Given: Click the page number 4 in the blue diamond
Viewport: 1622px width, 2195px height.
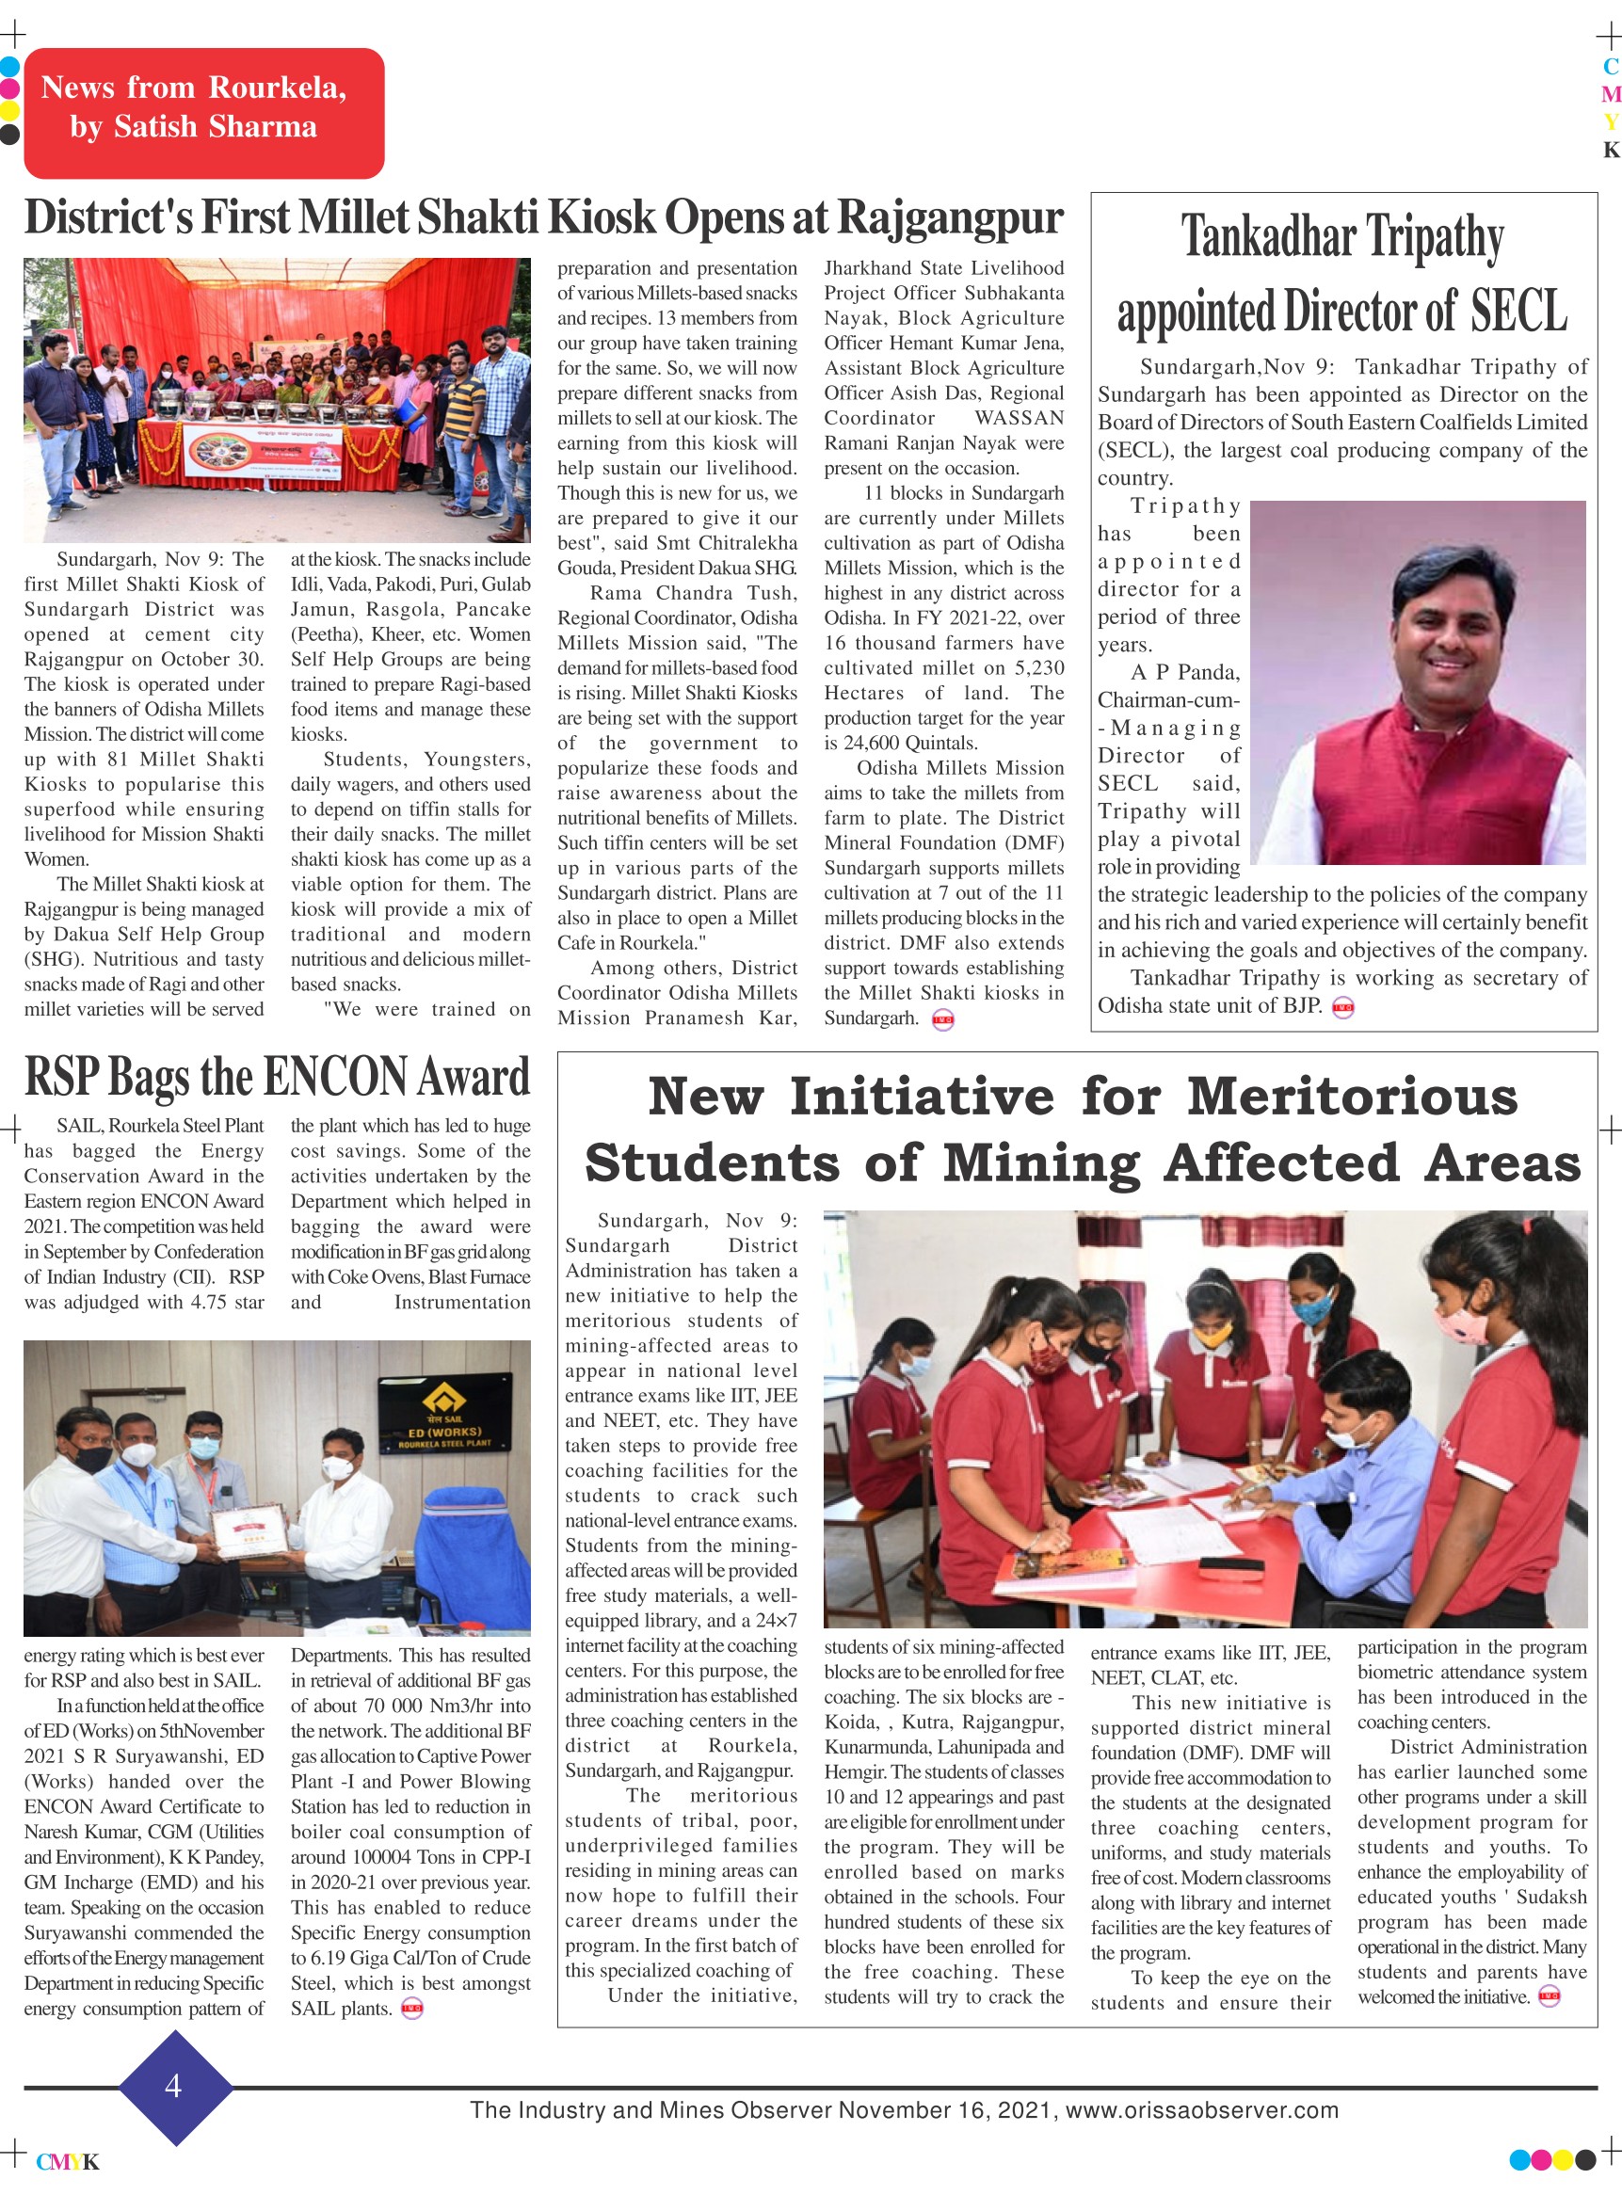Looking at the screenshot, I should pyautogui.click(x=174, y=2085).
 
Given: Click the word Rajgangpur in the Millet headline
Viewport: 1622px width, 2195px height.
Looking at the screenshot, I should pyautogui.click(x=950, y=218).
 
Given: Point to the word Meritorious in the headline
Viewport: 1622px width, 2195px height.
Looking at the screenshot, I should pyautogui.click(x=1352, y=1097).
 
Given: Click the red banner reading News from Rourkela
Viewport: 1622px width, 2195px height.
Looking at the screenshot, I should pyautogui.click(x=203, y=113).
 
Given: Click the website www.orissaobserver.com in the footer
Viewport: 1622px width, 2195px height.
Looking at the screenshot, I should pyautogui.click(x=1202, y=2110).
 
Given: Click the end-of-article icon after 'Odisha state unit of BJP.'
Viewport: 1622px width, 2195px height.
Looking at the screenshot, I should pyautogui.click(x=1342, y=1007).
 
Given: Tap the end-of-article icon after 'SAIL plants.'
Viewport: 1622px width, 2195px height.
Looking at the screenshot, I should pyautogui.click(x=412, y=2009).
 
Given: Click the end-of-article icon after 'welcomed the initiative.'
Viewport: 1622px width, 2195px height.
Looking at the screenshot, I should pyautogui.click(x=1549, y=1996).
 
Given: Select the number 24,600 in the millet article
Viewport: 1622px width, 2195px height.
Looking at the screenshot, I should pyautogui.click(x=874, y=744).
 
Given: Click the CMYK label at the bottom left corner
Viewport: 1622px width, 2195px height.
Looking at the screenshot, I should pyautogui.click(x=68, y=2162).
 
